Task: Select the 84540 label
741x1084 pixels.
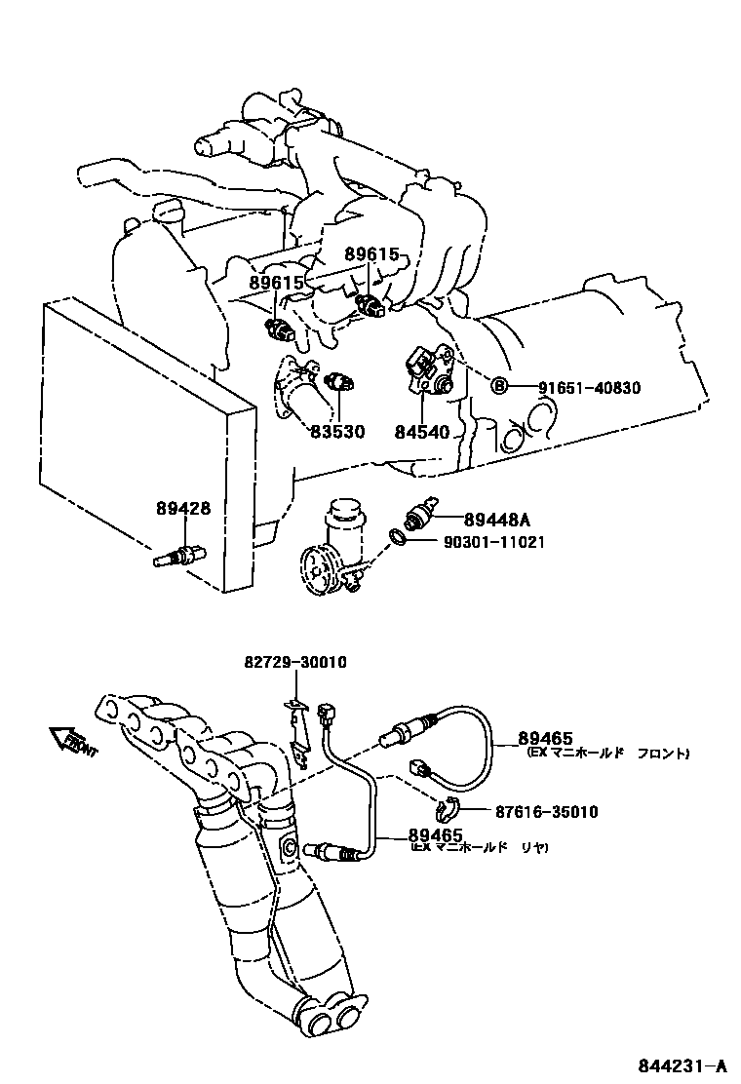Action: [421, 431]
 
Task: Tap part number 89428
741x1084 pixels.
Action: [182, 508]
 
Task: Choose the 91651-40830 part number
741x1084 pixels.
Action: [589, 387]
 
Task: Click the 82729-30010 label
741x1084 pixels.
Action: [295, 663]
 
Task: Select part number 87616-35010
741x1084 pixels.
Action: [546, 812]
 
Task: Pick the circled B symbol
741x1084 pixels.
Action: [498, 387]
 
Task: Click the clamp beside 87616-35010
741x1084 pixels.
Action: [447, 807]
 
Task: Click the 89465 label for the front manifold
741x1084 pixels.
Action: [546, 738]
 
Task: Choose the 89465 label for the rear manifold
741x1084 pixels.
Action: [435, 834]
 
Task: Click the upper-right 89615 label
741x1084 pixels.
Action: [372, 254]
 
